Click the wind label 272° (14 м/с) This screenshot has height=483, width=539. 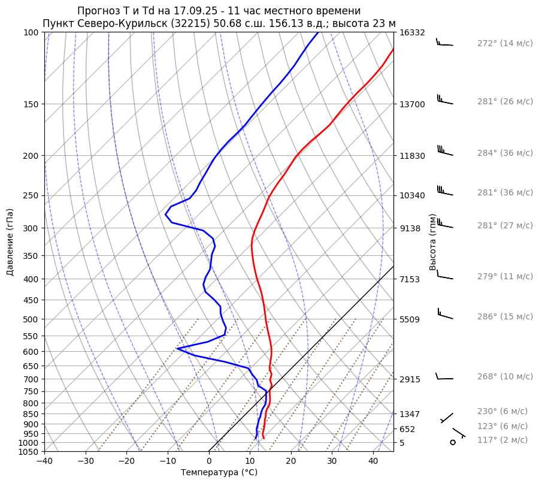505,44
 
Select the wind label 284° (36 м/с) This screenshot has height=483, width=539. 505,153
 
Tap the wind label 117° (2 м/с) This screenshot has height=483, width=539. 502,440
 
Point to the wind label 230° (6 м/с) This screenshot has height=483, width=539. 502,411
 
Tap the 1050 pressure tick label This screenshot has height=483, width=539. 30,452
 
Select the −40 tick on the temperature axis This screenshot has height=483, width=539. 44,461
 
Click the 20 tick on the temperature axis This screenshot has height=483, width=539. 291,461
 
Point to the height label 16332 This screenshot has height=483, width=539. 412,32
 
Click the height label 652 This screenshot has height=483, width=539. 407,429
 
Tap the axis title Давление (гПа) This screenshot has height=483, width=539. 10,242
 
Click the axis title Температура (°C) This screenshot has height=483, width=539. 219,472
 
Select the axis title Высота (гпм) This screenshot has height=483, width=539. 433,242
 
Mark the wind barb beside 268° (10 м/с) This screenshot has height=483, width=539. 444,377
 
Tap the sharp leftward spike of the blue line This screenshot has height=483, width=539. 178,348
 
